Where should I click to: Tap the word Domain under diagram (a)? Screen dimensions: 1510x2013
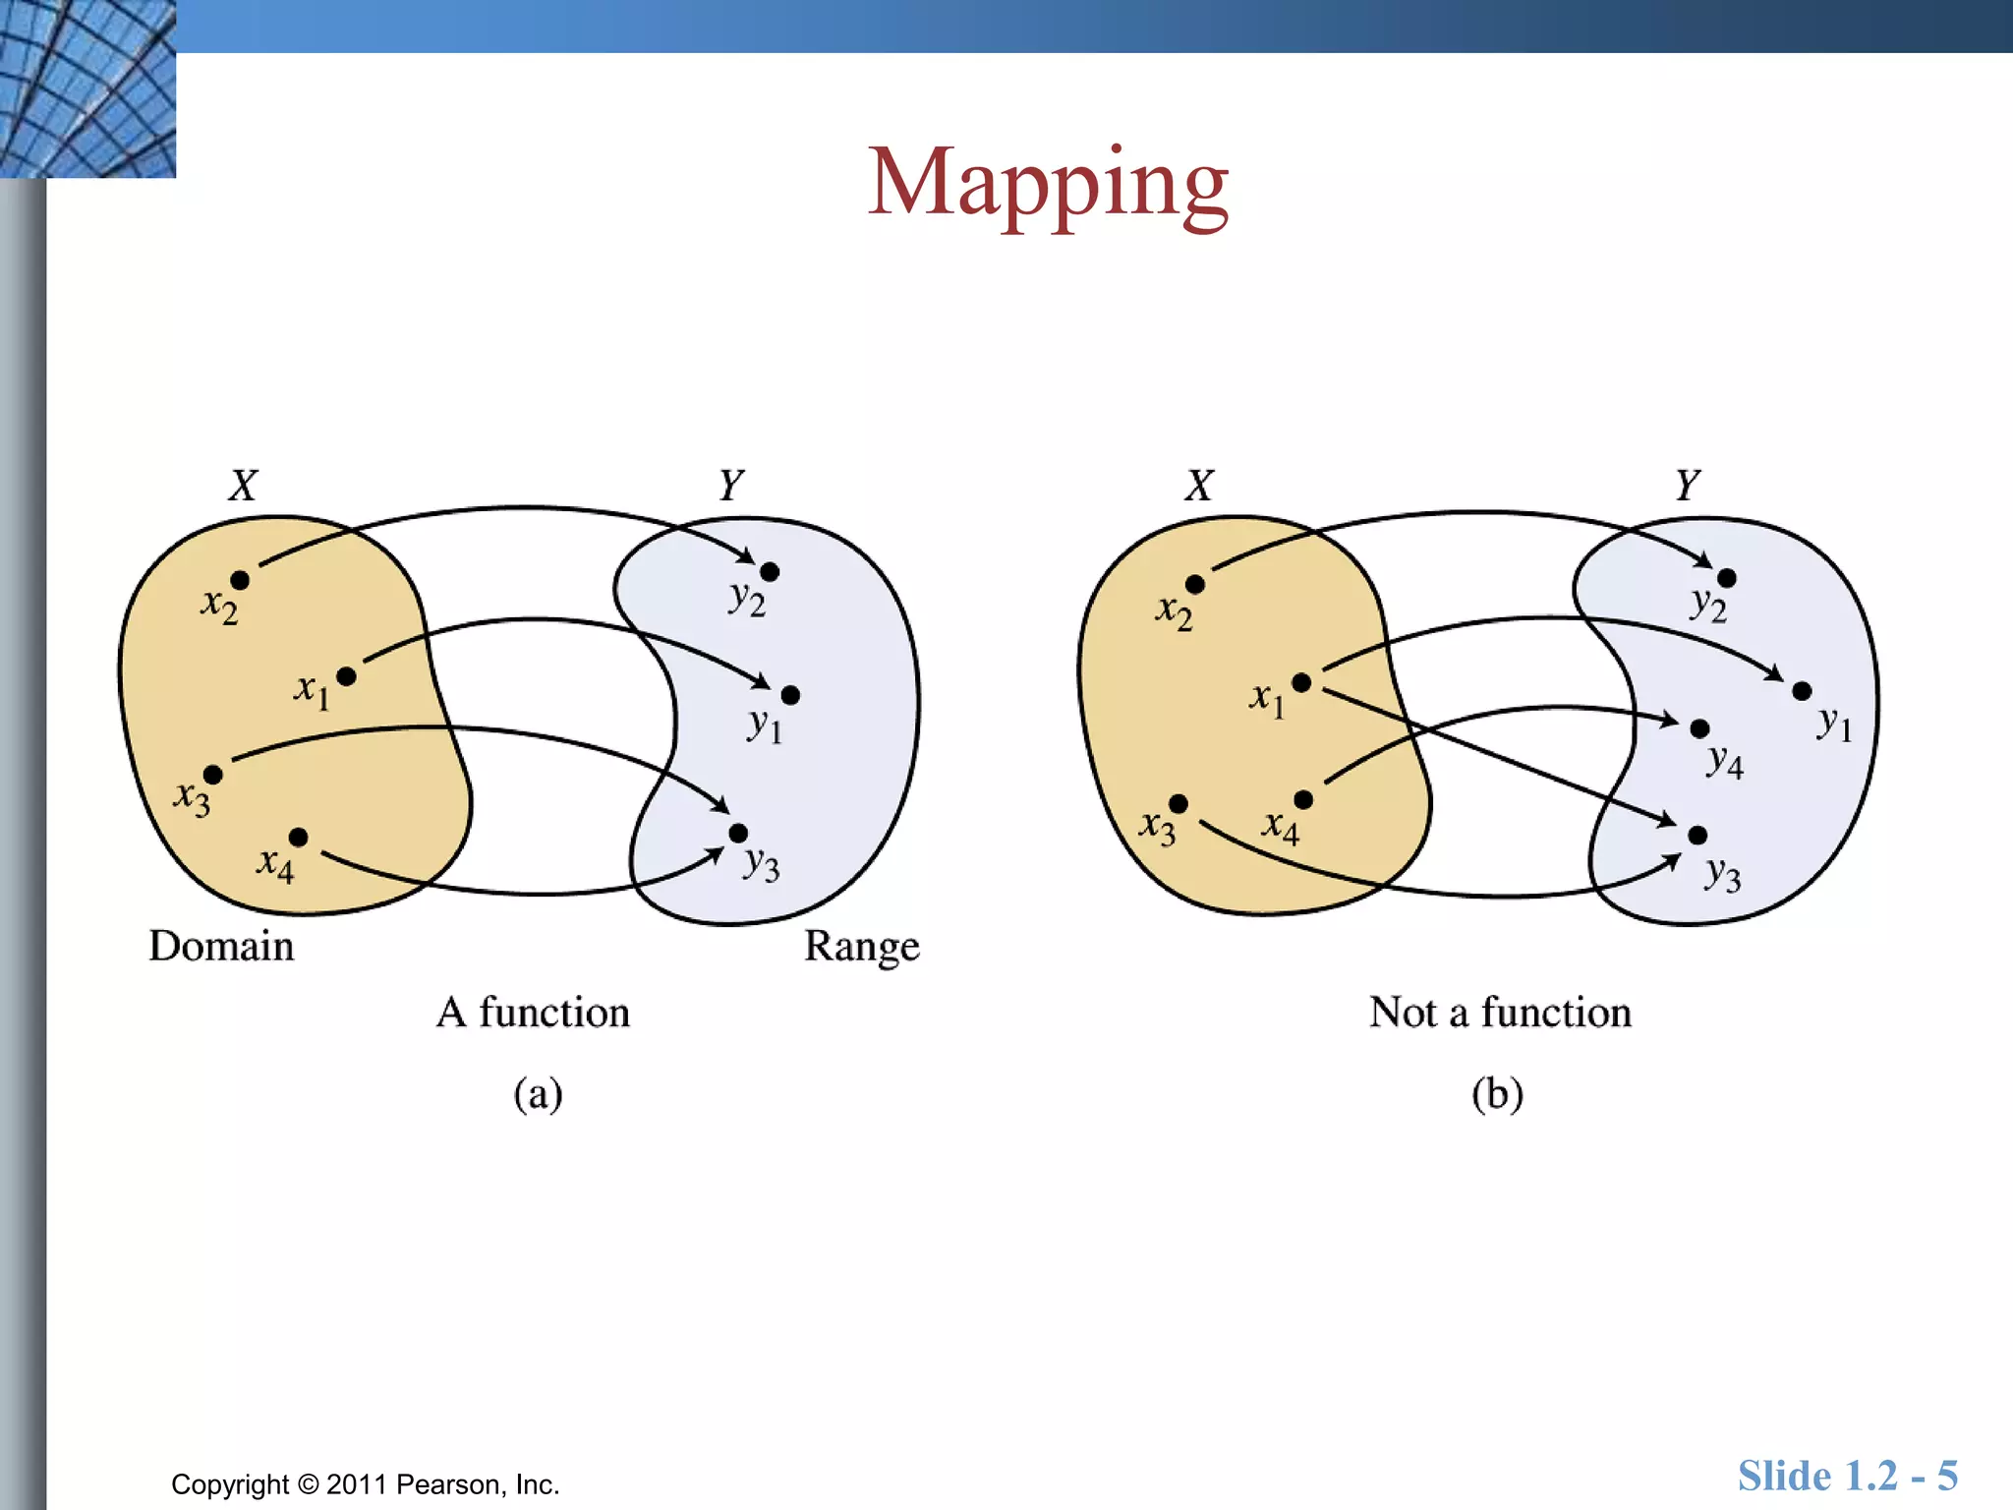(221, 946)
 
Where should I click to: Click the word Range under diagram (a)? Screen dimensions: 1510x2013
(861, 946)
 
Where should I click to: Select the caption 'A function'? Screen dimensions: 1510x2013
(534, 1012)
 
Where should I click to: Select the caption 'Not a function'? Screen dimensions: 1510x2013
(1500, 1012)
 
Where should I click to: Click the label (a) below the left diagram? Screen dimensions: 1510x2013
(538, 1093)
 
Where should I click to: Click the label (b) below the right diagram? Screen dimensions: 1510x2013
(1497, 1093)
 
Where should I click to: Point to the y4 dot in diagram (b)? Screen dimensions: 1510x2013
(1699, 728)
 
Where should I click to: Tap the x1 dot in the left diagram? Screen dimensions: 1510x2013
(346, 676)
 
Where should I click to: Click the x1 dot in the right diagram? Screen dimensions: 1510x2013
(1301, 682)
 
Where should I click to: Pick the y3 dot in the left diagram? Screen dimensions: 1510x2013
(738, 834)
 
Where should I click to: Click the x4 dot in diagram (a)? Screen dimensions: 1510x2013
(299, 837)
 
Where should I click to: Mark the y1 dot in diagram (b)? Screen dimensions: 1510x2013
(1802, 691)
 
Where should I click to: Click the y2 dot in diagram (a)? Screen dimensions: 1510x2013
(770, 571)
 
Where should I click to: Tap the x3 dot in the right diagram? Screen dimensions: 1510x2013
(1179, 804)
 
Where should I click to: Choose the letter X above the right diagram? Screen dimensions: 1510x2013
(1199, 485)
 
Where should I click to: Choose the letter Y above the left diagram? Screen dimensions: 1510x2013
(730, 485)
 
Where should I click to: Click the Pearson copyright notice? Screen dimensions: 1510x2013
(365, 1483)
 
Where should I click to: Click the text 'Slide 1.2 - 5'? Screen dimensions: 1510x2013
(1847, 1476)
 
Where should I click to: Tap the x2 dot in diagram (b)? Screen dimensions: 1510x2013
(1195, 585)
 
